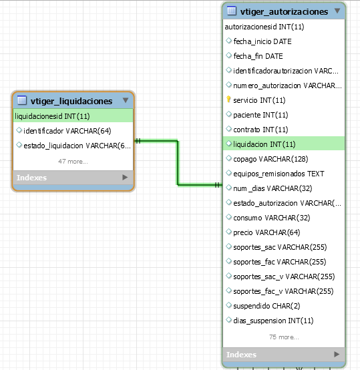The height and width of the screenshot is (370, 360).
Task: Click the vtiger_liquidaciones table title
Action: coord(71,101)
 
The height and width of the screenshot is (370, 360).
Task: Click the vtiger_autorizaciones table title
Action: coord(284,11)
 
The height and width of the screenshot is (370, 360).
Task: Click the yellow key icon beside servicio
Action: coord(228,100)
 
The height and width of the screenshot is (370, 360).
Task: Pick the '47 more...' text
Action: coord(73,162)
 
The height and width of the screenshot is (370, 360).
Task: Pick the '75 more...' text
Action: coord(284,337)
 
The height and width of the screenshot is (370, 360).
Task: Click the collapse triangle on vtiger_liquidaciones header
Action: coord(126,100)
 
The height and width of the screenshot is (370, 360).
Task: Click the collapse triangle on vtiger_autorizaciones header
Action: coord(337,11)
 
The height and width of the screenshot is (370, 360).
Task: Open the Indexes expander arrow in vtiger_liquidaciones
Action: coord(125,177)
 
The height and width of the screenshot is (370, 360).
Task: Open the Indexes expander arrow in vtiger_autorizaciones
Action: coord(337,354)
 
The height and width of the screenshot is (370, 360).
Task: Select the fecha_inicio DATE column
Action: coord(262,41)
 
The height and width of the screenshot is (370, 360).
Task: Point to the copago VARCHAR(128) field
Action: coord(271,159)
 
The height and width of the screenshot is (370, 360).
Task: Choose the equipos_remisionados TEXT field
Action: coord(279,174)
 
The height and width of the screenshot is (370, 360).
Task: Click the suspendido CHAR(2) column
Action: coord(266,306)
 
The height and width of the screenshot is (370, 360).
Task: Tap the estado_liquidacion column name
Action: coord(53,146)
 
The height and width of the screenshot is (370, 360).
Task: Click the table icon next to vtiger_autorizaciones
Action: coord(231,11)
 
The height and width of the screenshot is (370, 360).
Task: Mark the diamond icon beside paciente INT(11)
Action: coord(228,114)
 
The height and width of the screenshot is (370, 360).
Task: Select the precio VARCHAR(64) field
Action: coord(266,232)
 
